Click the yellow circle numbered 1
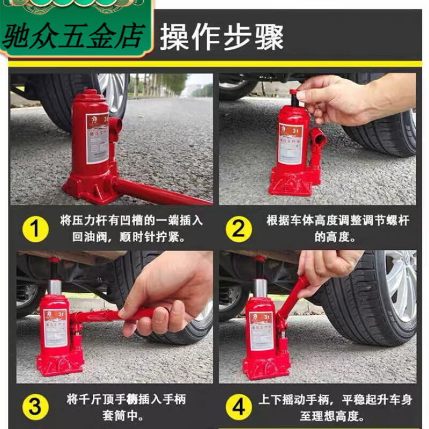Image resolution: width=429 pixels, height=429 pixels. (35, 230)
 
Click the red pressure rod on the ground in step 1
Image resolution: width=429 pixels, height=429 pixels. (161, 193)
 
